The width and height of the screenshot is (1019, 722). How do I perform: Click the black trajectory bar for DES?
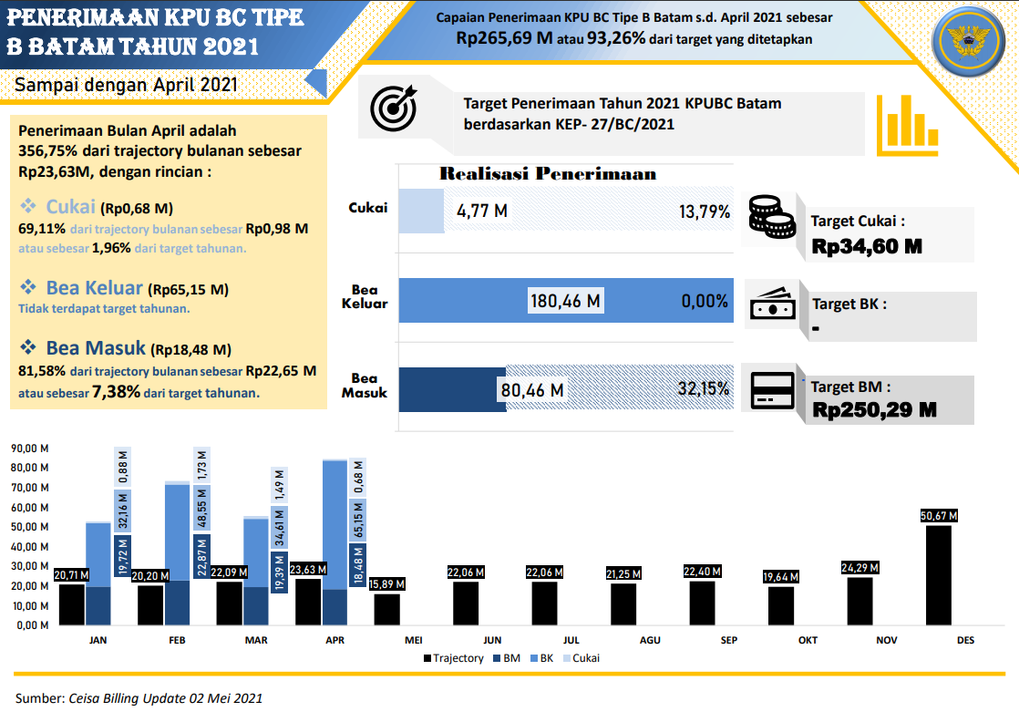click(x=939, y=574)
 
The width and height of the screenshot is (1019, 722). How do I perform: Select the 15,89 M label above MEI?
click(x=387, y=583)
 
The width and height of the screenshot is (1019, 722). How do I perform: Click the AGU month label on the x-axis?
click(x=650, y=640)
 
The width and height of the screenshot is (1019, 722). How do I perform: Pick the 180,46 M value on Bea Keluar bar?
click(x=566, y=301)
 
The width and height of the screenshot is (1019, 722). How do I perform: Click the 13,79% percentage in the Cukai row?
click(x=705, y=211)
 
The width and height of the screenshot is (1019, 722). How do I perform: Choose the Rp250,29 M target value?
click(x=874, y=410)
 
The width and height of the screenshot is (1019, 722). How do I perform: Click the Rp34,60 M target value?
click(x=867, y=246)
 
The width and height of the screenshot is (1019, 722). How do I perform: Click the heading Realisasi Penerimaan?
click(x=548, y=173)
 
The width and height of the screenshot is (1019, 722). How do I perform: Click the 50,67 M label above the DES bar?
click(x=939, y=516)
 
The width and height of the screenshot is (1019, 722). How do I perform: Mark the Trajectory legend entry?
click(x=453, y=657)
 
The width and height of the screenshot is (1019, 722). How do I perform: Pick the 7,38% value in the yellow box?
click(x=116, y=393)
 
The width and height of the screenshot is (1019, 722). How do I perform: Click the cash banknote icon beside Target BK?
click(x=772, y=305)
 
